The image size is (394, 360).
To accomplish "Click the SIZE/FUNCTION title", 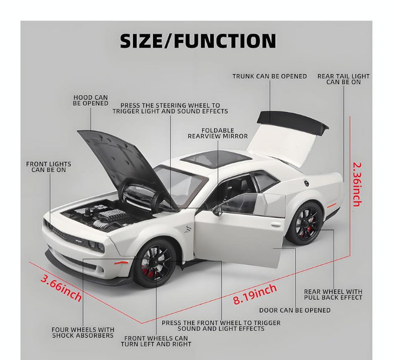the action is [198, 40].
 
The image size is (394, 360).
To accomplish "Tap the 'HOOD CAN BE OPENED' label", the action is [91, 100].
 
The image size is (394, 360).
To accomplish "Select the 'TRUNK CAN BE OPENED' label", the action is [269, 76].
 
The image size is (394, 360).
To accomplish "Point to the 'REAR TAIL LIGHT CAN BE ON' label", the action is [344, 79].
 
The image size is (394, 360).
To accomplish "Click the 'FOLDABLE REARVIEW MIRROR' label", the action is [217, 133].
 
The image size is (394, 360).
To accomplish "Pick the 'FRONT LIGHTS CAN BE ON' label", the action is [49, 167].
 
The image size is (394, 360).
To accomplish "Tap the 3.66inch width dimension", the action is [61, 288].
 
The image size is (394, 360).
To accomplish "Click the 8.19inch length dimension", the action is [255, 294].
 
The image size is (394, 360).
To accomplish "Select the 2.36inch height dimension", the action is [357, 185].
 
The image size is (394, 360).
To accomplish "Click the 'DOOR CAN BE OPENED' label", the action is [295, 310].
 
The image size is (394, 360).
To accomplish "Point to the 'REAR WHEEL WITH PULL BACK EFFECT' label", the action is [333, 294].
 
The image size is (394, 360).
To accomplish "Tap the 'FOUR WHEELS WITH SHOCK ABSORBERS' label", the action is [83, 332].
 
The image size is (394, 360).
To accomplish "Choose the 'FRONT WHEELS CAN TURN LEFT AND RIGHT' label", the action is [156, 341].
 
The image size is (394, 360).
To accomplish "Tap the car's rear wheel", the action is [306, 223].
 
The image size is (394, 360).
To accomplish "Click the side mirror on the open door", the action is [218, 210].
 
